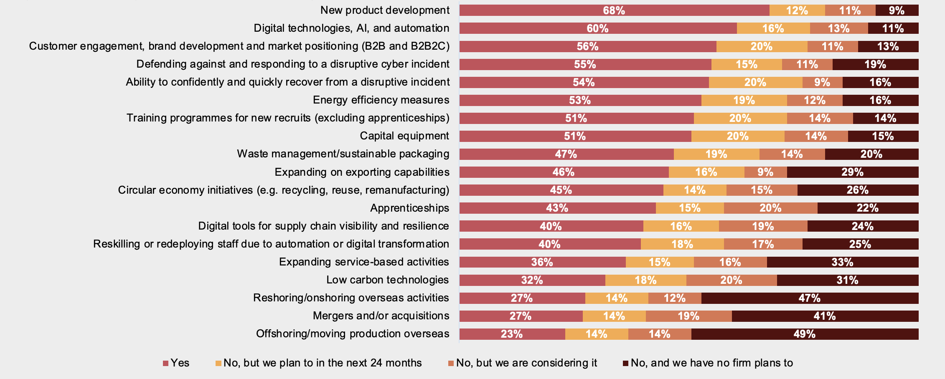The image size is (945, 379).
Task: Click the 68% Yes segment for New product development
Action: tap(614, 10)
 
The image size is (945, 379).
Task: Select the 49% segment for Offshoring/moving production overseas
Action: tap(805, 334)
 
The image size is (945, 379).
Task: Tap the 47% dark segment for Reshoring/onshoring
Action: tap(810, 298)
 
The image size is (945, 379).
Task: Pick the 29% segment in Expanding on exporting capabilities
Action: tap(852, 172)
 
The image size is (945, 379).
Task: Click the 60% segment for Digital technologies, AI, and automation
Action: tap(598, 28)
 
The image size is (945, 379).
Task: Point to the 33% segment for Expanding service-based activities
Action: tap(842, 262)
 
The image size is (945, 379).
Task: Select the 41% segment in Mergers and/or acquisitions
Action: tap(825, 316)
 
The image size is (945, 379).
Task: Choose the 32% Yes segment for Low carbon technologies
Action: tap(532, 280)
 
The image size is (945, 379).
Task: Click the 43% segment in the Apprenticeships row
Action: tap(557, 208)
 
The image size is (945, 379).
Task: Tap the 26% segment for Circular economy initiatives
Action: tap(857, 190)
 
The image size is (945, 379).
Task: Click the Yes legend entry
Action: tap(176, 363)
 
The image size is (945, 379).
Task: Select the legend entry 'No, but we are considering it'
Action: tap(523, 363)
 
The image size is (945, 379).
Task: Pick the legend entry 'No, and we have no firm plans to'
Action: tap(708, 363)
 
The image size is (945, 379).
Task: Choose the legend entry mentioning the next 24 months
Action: tap(318, 363)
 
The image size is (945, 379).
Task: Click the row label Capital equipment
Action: tap(404, 136)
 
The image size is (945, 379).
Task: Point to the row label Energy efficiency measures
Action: tap(381, 100)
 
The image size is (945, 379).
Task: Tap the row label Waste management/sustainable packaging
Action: tap(343, 154)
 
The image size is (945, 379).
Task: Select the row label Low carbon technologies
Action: tap(387, 280)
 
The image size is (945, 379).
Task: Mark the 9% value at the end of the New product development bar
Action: tap(897, 10)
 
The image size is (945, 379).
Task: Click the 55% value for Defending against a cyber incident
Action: tap(585, 64)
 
